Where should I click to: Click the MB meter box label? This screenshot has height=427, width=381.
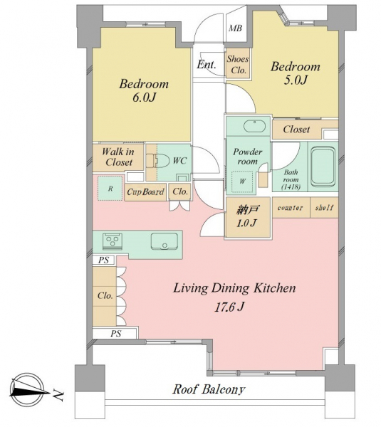[235, 28]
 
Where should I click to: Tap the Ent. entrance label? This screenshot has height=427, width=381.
[207, 65]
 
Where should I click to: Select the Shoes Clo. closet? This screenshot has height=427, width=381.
[238, 63]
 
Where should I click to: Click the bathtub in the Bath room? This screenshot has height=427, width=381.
[323, 166]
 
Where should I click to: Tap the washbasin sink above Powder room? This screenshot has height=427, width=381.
[254, 127]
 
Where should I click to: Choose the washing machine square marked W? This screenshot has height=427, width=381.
[242, 181]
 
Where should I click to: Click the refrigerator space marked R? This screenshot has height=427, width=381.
[110, 188]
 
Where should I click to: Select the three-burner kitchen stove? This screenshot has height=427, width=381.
[113, 241]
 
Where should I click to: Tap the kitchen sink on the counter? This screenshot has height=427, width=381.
[165, 241]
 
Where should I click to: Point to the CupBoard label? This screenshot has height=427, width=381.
[145, 192]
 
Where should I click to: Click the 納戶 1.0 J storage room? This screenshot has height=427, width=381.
[247, 218]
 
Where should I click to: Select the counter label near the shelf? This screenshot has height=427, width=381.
[291, 208]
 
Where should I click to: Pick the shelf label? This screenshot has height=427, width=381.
[324, 208]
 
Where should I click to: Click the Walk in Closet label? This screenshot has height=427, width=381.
[118, 157]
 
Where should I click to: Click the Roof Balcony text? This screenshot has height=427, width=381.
[209, 389]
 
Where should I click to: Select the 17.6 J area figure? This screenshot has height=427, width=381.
[229, 307]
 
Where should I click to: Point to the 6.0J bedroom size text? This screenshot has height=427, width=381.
[144, 97]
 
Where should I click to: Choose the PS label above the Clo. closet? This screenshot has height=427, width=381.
[103, 260]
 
